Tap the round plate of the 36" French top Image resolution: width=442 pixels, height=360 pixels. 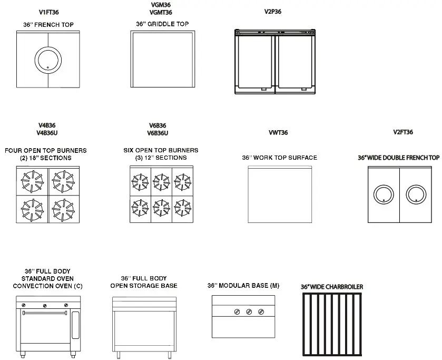48,59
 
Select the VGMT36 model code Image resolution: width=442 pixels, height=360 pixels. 161,12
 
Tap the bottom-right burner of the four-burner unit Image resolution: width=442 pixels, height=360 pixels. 63,209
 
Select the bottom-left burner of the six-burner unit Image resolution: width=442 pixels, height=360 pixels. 141,206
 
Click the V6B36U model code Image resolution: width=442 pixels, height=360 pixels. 158,133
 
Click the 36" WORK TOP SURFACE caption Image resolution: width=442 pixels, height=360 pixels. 279,158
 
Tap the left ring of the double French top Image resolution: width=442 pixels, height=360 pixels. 384,194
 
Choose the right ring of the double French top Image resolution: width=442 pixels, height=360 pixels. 417,194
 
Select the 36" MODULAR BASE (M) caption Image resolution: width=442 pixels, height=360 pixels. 243,286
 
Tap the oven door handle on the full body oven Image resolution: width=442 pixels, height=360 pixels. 45,313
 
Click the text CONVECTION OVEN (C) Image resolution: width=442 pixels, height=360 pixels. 47,286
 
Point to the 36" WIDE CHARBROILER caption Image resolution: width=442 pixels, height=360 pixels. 331,287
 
